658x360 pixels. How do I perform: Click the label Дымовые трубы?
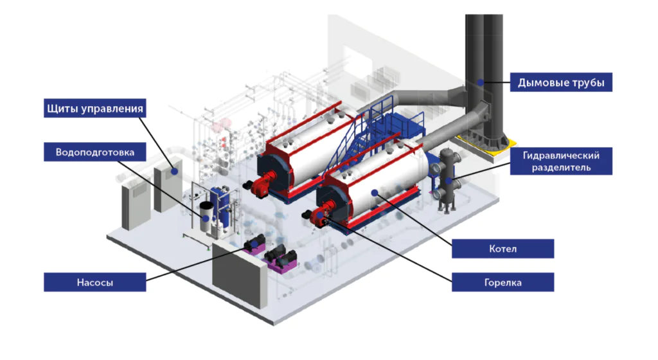[x=561, y=82]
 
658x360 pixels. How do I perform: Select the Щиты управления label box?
[x=95, y=108]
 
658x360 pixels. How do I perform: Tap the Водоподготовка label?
[x=95, y=152]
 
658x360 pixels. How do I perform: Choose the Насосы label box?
[x=95, y=282]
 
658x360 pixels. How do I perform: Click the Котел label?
[x=502, y=249]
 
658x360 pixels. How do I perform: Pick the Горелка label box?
[x=502, y=282]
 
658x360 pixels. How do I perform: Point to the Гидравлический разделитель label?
[x=561, y=161]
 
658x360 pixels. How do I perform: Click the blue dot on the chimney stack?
[x=481, y=83]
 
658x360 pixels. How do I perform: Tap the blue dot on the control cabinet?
[x=175, y=171]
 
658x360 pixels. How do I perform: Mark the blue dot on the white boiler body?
[x=375, y=193]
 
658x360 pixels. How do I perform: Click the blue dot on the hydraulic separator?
[x=449, y=181]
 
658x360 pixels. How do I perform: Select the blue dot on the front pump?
[x=254, y=245]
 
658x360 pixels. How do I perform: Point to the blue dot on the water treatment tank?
[x=206, y=219]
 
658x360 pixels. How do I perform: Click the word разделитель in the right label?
[x=561, y=167]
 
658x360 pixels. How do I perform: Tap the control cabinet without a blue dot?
[x=136, y=206]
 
